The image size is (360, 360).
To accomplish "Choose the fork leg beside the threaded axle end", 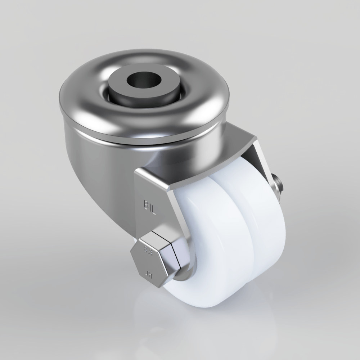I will click(265, 162).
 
